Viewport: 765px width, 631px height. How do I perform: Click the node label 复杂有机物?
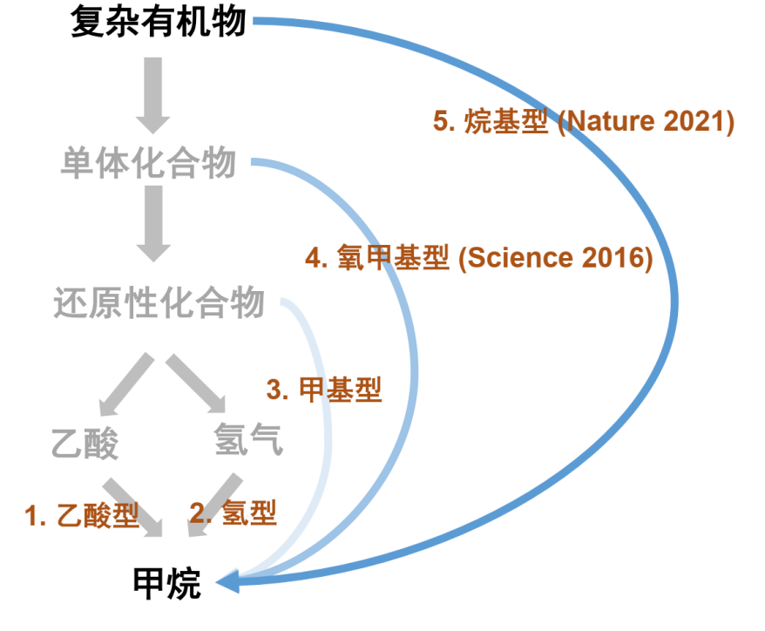coord(159,22)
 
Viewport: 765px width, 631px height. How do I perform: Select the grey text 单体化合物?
coord(148,163)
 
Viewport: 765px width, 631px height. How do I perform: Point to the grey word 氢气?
coord(247,440)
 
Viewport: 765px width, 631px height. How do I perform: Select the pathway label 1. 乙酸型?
coord(83,516)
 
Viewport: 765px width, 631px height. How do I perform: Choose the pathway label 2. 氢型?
coord(234,512)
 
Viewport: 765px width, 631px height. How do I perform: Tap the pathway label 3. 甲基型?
coord(324,390)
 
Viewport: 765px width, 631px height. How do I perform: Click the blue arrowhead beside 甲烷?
coord(227,581)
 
